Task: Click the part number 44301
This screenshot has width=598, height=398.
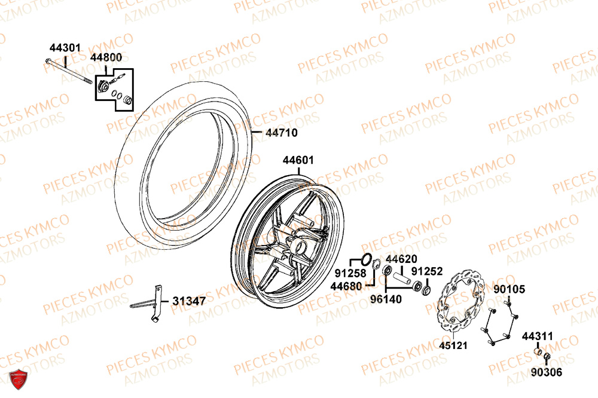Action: click(x=65, y=47)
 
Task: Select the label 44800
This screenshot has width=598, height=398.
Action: click(x=106, y=57)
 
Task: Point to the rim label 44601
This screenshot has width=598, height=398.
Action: click(x=298, y=160)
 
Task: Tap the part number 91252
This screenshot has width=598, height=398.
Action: click(x=427, y=271)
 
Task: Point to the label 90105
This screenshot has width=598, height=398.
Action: click(x=509, y=289)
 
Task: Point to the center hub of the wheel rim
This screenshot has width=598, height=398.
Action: click(x=298, y=244)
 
